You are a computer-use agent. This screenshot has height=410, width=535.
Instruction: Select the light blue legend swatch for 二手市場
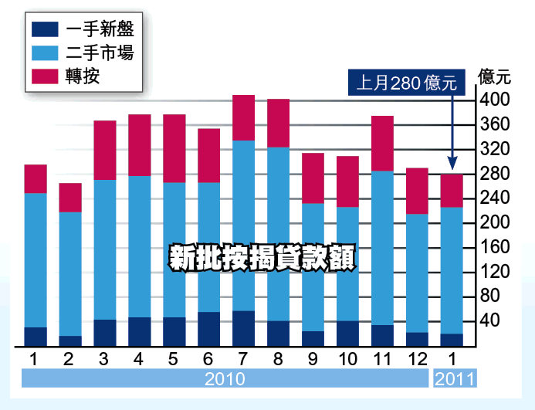click(46, 53)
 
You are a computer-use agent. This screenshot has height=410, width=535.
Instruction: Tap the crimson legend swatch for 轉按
click(46, 76)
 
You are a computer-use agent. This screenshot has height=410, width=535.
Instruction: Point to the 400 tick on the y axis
click(494, 100)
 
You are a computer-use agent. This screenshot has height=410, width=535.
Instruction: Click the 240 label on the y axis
click(494, 198)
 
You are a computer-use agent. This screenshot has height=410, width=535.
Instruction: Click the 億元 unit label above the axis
click(495, 76)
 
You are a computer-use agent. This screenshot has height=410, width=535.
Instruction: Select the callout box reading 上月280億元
click(407, 82)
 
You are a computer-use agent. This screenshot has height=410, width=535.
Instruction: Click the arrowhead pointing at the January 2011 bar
click(452, 163)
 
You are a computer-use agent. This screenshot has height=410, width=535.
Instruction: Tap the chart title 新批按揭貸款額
click(262, 258)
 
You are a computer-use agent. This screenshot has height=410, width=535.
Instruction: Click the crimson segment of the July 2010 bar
click(244, 117)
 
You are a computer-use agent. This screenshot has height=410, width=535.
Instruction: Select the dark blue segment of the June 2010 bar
click(209, 329)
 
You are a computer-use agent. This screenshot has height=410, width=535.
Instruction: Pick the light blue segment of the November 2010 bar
click(383, 247)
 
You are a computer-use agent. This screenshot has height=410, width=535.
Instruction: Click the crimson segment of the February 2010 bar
click(70, 198)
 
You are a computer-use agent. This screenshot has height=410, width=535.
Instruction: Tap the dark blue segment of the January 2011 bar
click(452, 340)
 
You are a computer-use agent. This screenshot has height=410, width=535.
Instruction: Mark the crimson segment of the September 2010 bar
click(313, 178)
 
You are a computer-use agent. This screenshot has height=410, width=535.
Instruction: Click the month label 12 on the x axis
click(418, 359)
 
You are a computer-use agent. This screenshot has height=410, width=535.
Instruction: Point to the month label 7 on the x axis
click(244, 359)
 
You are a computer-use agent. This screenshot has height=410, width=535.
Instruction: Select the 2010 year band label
click(225, 379)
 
